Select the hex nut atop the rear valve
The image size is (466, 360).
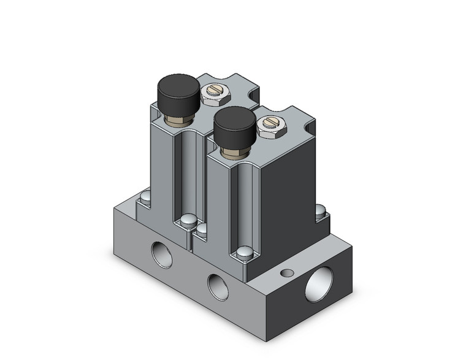point(215,94)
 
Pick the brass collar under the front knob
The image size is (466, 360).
point(235,148)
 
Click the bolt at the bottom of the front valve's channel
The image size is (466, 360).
point(244,251)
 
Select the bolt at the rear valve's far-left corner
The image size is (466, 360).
point(145,197)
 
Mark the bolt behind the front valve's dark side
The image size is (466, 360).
point(321,210)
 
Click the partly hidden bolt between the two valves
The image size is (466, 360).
point(201,231)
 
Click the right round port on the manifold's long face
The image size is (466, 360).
point(217,286)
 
